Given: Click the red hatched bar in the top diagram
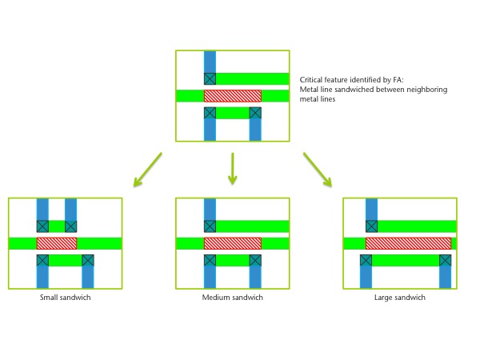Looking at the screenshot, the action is [x=233, y=96].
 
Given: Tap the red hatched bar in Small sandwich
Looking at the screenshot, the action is [x=57, y=243].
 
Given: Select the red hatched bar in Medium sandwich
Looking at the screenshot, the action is [x=233, y=243].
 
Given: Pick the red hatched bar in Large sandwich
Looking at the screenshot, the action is [x=408, y=243].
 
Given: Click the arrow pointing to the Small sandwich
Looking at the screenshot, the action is [x=147, y=170].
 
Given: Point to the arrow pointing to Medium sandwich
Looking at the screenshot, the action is [x=233, y=169].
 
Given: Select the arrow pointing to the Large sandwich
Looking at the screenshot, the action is [x=318, y=170].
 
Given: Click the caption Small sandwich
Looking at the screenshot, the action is [x=66, y=298].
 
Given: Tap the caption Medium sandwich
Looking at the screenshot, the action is [x=232, y=298].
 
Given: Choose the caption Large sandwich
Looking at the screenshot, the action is [x=400, y=298].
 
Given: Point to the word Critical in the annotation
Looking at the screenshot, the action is [x=310, y=80].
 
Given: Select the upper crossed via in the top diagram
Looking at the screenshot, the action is [x=210, y=78].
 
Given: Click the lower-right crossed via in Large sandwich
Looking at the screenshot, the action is [x=445, y=261].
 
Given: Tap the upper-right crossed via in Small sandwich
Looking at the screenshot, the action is [x=70, y=226].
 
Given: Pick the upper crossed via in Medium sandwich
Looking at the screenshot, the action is [x=210, y=226].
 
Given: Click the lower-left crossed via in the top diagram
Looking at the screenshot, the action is [x=210, y=113].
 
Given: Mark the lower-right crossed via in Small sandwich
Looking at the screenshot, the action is [x=88, y=261].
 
